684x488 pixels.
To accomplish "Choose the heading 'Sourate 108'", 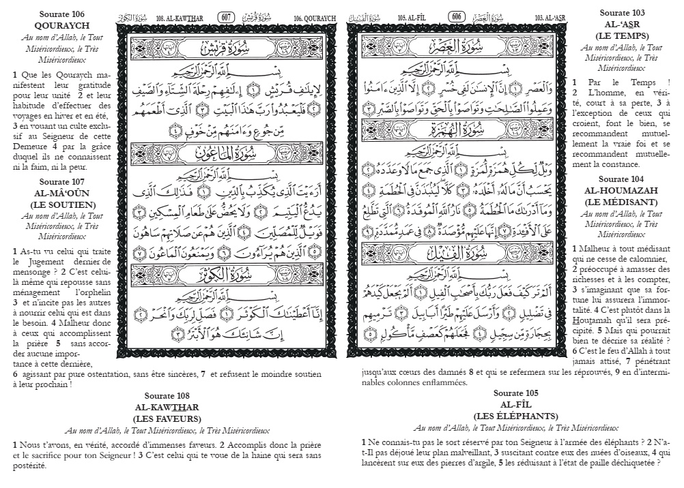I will (167, 396).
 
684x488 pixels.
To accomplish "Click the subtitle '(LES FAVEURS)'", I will (167, 418).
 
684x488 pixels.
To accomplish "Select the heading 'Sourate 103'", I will (623, 13).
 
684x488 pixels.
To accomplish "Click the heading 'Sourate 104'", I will (623, 179).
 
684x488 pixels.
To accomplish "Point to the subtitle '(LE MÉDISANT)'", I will (623, 202).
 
